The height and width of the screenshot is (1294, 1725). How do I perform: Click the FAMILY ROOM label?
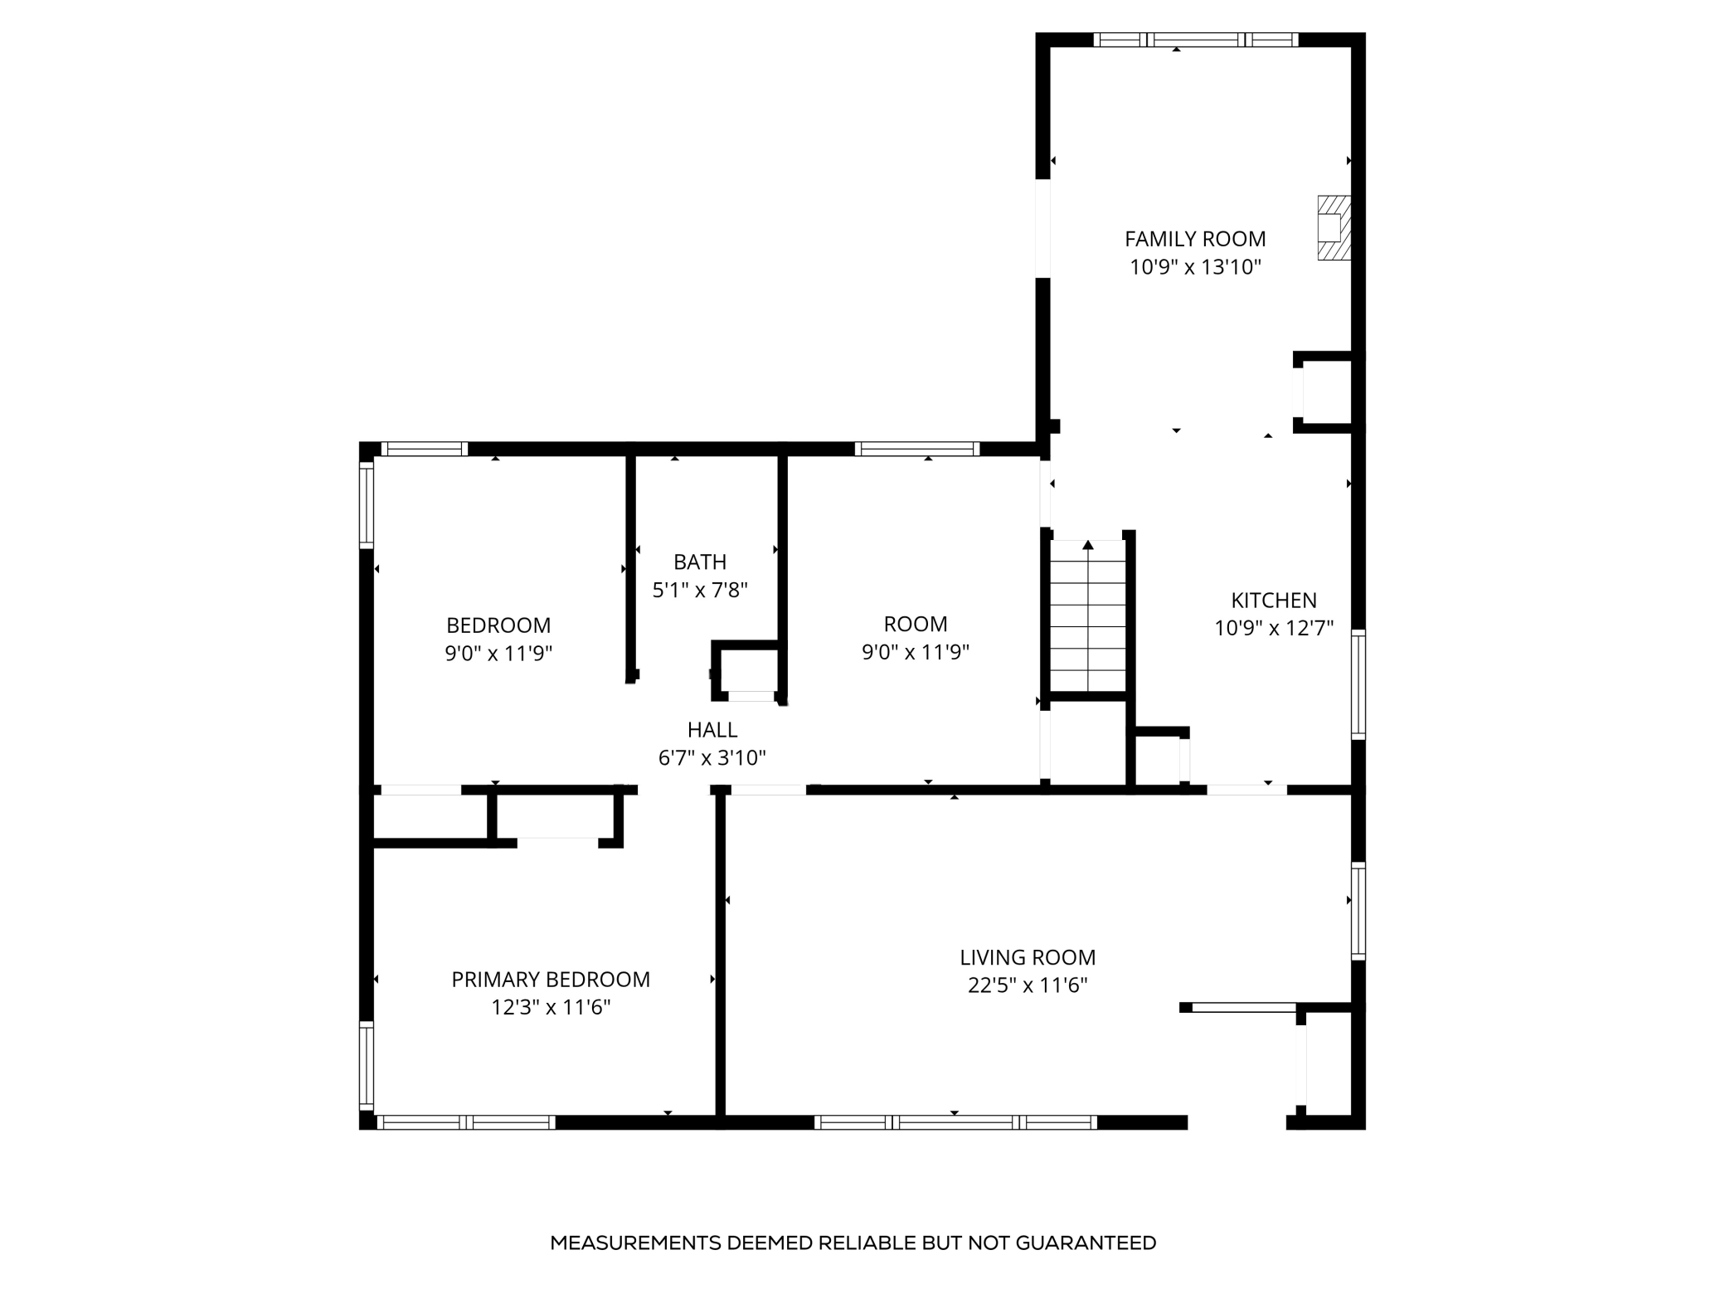1195,239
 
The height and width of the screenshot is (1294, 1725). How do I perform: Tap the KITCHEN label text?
1274,600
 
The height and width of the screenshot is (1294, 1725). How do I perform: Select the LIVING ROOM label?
1028,957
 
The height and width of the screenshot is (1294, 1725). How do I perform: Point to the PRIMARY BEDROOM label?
551,980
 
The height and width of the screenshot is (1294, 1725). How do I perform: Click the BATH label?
700,562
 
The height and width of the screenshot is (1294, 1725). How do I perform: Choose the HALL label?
712,730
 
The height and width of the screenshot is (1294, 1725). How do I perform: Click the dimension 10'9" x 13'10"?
1195,267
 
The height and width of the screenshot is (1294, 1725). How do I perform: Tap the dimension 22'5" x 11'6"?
1028,985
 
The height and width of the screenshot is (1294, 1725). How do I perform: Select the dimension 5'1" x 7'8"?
700,591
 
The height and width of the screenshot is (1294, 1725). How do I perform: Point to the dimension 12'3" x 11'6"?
551,1008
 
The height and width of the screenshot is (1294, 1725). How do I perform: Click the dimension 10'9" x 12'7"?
1274,628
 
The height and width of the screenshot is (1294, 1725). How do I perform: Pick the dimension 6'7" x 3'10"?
712,758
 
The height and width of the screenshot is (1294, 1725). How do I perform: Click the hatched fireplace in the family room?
1334,227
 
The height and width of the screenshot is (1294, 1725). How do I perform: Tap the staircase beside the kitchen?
1088,616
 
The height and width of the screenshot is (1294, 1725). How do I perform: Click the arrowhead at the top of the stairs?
1088,545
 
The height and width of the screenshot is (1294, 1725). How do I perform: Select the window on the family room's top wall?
1196,39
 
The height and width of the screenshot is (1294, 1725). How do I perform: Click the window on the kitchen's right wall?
1358,684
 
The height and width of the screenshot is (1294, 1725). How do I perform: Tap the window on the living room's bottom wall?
955,1122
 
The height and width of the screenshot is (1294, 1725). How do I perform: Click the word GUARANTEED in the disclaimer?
1086,1243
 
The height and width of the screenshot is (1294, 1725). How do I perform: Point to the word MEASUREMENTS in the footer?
635,1243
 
